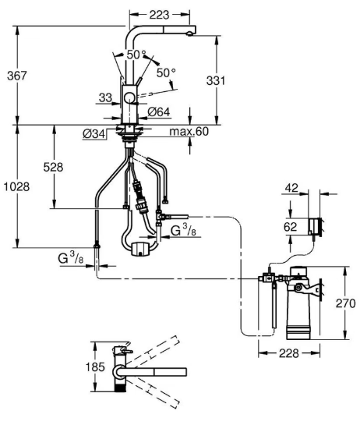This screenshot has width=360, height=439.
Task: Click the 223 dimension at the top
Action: (159, 15)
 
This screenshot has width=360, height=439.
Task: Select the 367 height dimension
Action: (17, 76)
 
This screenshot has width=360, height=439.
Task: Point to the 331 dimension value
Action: (216, 80)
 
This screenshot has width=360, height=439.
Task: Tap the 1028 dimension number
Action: (16, 186)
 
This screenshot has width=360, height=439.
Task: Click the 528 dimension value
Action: (53, 167)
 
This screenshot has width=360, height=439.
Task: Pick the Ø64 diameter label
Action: (159, 112)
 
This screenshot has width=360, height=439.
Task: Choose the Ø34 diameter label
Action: (94, 134)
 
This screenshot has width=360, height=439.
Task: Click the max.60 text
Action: (189, 131)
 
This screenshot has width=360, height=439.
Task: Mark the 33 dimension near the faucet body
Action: (105, 97)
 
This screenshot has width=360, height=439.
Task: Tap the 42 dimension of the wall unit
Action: (291, 188)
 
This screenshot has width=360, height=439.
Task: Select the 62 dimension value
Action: (290, 226)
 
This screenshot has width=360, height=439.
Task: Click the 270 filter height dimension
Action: (345, 303)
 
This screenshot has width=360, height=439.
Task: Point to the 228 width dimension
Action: (289, 353)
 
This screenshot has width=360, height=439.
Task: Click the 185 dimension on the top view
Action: (95, 366)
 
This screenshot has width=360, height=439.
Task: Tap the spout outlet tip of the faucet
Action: (189, 34)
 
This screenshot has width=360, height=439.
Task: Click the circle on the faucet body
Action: (129, 98)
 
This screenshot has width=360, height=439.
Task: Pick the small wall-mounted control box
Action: (315, 226)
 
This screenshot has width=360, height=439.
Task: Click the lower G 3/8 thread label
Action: (70, 257)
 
